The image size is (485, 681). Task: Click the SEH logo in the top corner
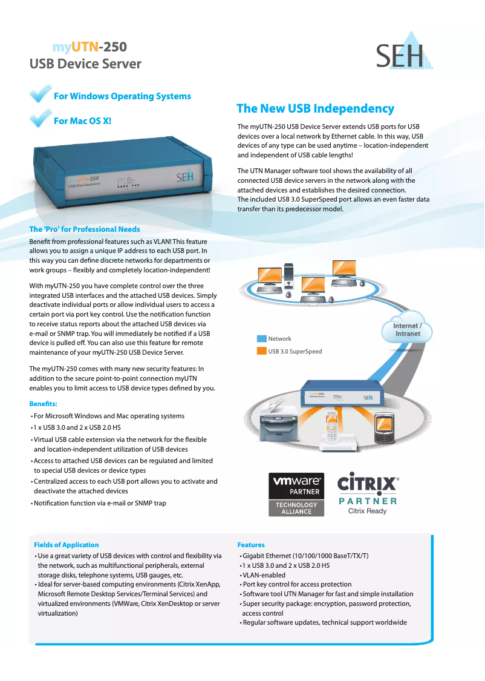point(404,51)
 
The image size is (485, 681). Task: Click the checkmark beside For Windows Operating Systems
point(41,93)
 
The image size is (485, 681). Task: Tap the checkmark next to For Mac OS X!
point(41,118)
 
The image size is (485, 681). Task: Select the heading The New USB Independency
point(316,108)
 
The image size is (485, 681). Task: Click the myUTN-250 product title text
point(90,47)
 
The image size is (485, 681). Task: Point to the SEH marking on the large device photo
point(184,177)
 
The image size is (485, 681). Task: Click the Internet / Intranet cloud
point(407,327)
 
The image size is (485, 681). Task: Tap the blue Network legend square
point(262,339)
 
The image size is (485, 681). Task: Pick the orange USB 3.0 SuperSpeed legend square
point(262,351)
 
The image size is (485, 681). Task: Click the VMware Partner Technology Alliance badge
point(296,494)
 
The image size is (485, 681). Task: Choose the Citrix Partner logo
point(368,493)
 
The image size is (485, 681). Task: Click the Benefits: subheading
point(43,404)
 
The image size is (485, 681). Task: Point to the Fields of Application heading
point(67,545)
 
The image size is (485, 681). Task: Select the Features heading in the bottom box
point(251,545)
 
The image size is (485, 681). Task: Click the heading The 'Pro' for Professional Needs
point(85,229)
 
